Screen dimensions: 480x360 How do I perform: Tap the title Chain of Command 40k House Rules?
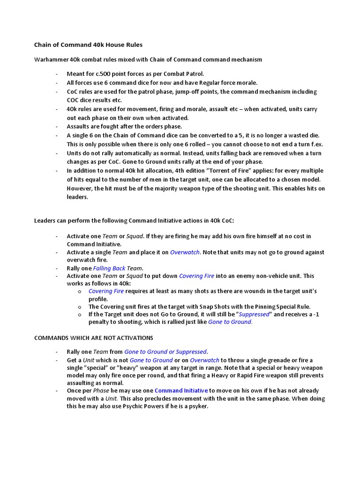tap(88, 45)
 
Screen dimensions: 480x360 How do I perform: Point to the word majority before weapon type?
tap(151, 188)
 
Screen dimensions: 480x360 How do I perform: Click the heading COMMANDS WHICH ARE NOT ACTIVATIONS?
tap(94, 337)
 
